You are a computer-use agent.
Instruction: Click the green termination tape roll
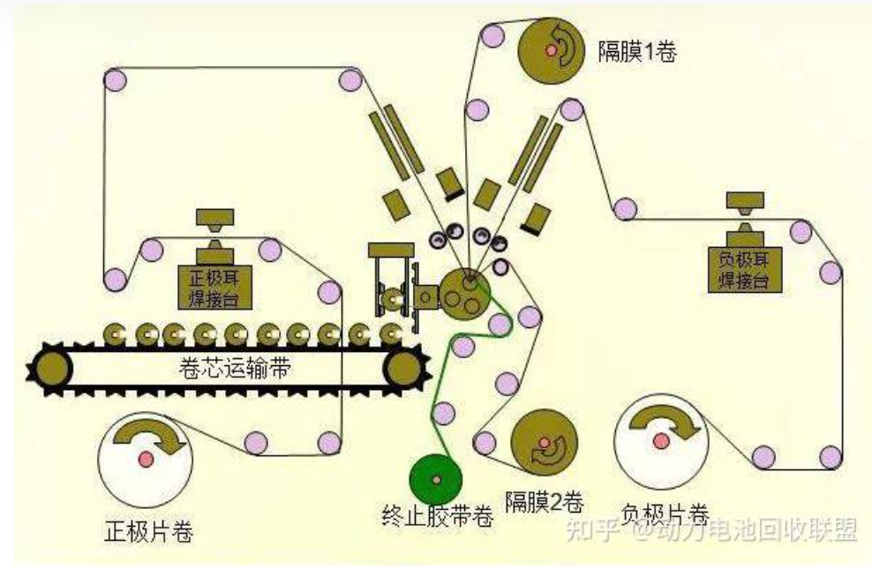pyautogui.click(x=436, y=479)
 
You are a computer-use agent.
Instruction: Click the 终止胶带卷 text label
pyautogui.click(x=437, y=517)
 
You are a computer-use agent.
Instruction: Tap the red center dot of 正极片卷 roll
pyautogui.click(x=146, y=459)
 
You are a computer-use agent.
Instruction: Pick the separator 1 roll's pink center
pyautogui.click(x=552, y=50)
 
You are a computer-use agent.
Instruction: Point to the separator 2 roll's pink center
pyautogui.click(x=544, y=443)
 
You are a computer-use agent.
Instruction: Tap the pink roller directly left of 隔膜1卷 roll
pyautogui.click(x=492, y=37)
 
